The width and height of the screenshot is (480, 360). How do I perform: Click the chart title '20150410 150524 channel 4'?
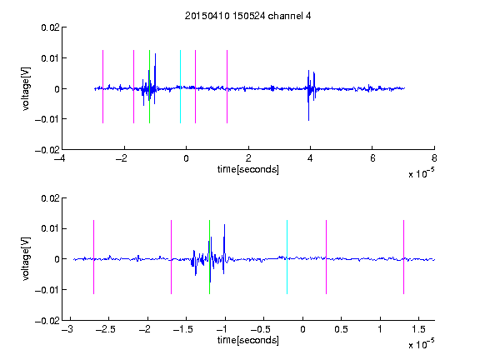click(247, 16)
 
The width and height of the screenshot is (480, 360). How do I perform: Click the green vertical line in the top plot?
click(149, 87)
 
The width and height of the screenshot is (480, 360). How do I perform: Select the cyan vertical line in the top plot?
click(180, 87)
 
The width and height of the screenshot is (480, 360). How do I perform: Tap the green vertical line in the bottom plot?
click(209, 257)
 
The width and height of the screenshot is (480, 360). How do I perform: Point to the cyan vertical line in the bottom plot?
click(287, 257)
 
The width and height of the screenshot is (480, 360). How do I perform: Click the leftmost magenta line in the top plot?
click(102, 87)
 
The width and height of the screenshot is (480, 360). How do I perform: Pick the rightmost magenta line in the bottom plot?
click(403, 257)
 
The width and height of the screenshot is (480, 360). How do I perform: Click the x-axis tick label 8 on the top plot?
click(434, 158)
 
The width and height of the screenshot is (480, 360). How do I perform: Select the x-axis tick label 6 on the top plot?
click(372, 158)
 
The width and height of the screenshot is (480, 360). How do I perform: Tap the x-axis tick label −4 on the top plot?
click(59, 158)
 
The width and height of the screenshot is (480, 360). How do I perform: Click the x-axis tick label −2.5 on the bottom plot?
click(106, 329)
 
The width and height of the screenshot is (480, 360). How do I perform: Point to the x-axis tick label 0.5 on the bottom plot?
click(341, 329)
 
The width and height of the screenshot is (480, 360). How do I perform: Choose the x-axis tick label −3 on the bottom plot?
click(67, 329)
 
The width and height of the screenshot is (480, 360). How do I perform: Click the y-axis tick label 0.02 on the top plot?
click(51, 27)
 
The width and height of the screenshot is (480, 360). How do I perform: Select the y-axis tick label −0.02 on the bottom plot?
click(47, 321)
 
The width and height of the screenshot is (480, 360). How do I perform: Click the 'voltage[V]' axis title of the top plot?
click(27, 89)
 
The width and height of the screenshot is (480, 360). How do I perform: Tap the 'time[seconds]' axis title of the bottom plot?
click(248, 340)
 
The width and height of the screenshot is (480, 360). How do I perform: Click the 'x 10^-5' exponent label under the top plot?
click(421, 173)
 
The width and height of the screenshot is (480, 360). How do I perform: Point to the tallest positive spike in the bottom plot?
click(224, 225)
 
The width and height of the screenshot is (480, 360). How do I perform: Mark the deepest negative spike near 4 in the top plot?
click(308, 120)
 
